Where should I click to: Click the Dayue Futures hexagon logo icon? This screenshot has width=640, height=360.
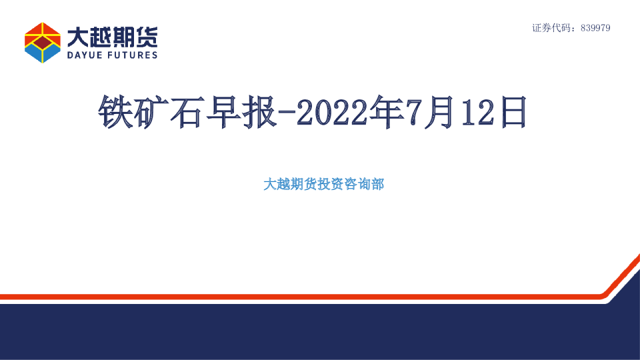42,42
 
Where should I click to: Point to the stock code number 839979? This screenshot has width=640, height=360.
595,28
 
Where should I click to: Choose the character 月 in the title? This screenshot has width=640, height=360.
443,111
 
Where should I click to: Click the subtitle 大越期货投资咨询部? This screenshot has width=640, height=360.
324,185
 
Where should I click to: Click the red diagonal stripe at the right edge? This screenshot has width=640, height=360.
623,273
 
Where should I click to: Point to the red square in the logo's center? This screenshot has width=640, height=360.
42,43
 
